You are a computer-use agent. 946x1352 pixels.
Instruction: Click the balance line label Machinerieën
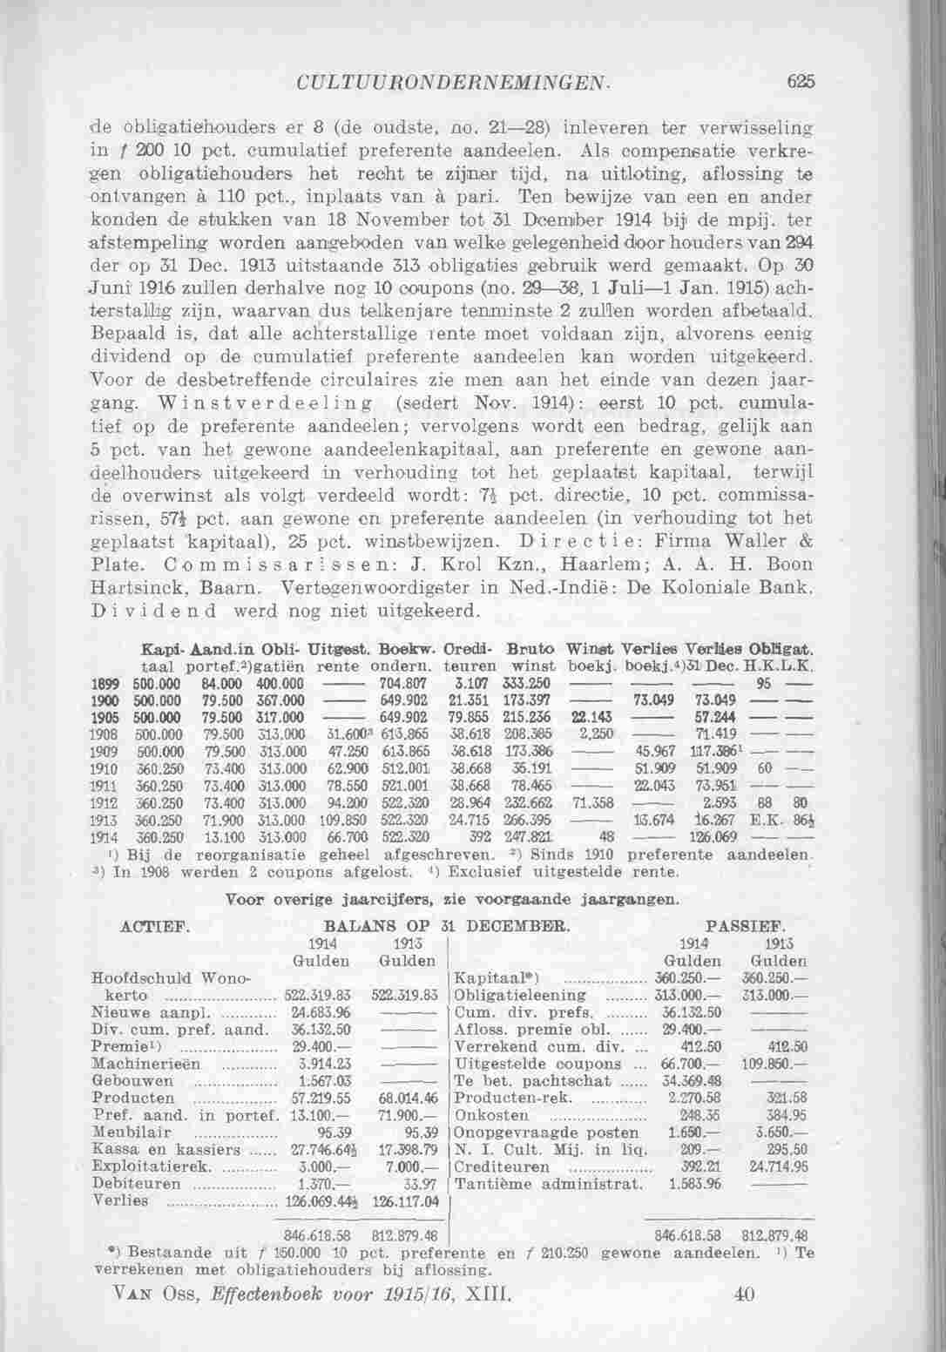coord(146,1064)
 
